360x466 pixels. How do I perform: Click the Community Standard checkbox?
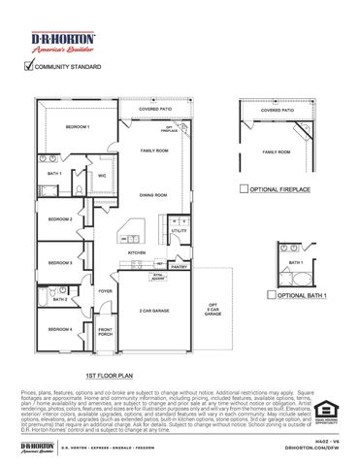tap(25, 68)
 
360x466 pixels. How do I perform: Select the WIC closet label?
tap(102, 176)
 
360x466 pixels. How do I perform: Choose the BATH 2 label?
tap(59, 300)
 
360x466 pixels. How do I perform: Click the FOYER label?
tap(104, 290)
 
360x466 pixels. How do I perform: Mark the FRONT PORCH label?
tap(105, 333)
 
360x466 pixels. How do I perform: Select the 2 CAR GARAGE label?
tap(155, 310)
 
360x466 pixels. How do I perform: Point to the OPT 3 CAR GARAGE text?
tap(213, 310)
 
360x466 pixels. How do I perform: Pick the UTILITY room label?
tap(179, 231)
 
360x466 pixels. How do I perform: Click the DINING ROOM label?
tap(153, 195)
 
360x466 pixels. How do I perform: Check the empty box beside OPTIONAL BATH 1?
tap(272, 294)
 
